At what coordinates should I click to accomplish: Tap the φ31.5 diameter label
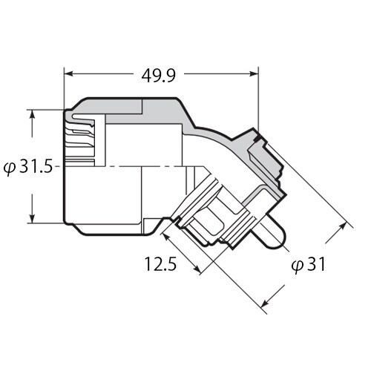point(28,167)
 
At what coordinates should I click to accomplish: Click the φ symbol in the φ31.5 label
point(9,167)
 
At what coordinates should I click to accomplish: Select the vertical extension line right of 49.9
point(257,96)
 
